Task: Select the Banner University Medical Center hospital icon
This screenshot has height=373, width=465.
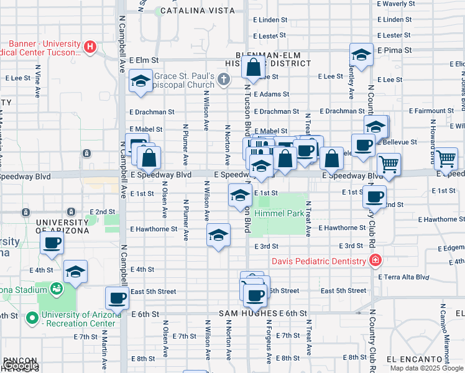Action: pyautogui.click(x=91, y=47)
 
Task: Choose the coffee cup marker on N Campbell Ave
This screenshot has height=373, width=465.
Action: pyautogui.click(x=117, y=299)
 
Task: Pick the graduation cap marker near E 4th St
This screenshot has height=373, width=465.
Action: pyautogui.click(x=75, y=272)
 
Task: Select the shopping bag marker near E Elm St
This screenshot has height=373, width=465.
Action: pyautogui.click(x=254, y=68)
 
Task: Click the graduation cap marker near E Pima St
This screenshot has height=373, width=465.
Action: pyautogui.click(x=361, y=55)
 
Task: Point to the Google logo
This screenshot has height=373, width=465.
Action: pyautogui.click(x=21, y=366)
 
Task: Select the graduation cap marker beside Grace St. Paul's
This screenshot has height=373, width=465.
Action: pyautogui.click(x=141, y=81)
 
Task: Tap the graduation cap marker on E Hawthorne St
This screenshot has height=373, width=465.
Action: pyautogui.click(x=218, y=236)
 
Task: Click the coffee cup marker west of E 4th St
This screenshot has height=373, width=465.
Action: pyautogui.click(x=52, y=242)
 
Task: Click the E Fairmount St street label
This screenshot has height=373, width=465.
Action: pyautogui.click(x=436, y=111)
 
